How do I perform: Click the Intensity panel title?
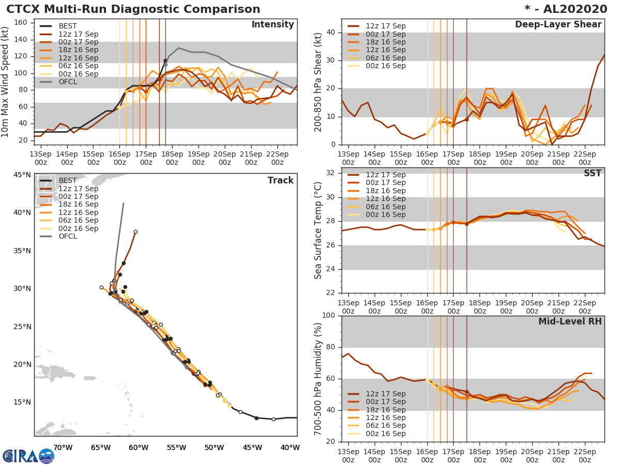tap(272, 25)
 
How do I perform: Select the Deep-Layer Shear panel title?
tap(558, 25)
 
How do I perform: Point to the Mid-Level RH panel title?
tap(570, 321)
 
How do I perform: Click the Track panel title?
tap(281, 180)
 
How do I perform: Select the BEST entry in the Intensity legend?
tap(68, 26)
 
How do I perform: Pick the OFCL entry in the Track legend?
tap(68, 237)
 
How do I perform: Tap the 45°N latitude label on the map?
tap(22, 175)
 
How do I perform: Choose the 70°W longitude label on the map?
tap(63, 447)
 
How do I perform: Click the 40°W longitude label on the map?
tap(290, 447)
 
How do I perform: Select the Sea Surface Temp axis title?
tap(318, 230)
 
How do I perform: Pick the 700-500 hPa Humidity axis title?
tap(318, 379)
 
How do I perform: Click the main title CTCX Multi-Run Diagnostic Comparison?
tap(133, 9)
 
